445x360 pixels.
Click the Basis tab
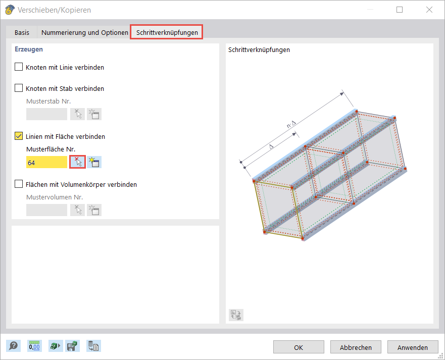pyautogui.click(x=22, y=32)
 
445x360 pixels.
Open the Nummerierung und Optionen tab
pyautogui.click(x=85, y=32)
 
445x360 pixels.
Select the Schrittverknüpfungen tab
pyautogui.click(x=167, y=32)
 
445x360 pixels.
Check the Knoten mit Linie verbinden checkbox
pyautogui.click(x=19, y=67)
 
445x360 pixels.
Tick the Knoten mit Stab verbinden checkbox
pyautogui.click(x=19, y=88)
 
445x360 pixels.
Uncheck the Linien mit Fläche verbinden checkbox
pyautogui.click(x=19, y=136)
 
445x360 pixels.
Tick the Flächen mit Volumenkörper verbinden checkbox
pyautogui.click(x=19, y=184)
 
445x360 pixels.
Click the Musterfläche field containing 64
pyautogui.click(x=46, y=162)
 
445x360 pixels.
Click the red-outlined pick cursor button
pyautogui.click(x=77, y=162)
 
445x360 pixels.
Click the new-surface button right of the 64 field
pyautogui.click(x=94, y=162)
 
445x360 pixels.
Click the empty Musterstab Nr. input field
pyautogui.click(x=46, y=114)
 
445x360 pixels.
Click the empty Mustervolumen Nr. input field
pyautogui.click(x=46, y=210)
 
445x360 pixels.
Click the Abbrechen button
pyautogui.click(x=356, y=347)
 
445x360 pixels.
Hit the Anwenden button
pyautogui.click(x=413, y=347)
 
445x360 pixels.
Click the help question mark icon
pyautogui.click(x=14, y=346)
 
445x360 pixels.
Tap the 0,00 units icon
pyautogui.click(x=34, y=346)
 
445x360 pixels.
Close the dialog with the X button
pyautogui.click(x=429, y=10)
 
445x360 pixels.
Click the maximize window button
pyautogui.click(x=400, y=10)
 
